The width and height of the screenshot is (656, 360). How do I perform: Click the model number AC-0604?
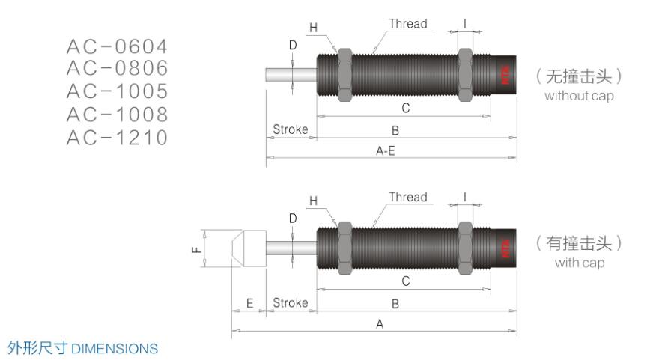click(116, 46)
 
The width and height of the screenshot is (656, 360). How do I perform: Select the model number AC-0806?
click(116, 69)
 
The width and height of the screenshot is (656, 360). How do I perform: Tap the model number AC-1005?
click(116, 91)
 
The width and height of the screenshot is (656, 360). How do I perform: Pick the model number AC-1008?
click(116, 115)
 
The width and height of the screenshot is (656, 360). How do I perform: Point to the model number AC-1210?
click(116, 138)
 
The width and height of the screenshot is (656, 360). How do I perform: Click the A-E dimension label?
click(389, 149)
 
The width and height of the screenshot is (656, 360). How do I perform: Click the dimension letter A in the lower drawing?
click(380, 324)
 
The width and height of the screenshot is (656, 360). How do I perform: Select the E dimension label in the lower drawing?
click(250, 303)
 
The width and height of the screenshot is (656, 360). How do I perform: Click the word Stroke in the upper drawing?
click(291, 129)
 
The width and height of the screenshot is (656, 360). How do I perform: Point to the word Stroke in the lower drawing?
click(291, 303)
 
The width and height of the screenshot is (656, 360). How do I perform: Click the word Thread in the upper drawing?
click(408, 24)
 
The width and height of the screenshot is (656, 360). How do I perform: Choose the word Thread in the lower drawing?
click(408, 198)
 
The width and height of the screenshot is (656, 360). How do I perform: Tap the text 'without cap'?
click(579, 96)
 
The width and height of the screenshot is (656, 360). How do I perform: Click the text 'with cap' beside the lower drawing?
click(579, 263)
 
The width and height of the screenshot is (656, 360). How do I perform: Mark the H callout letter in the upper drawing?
click(314, 28)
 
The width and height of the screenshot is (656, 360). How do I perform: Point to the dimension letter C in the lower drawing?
click(405, 281)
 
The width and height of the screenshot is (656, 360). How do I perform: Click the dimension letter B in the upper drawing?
click(395, 130)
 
